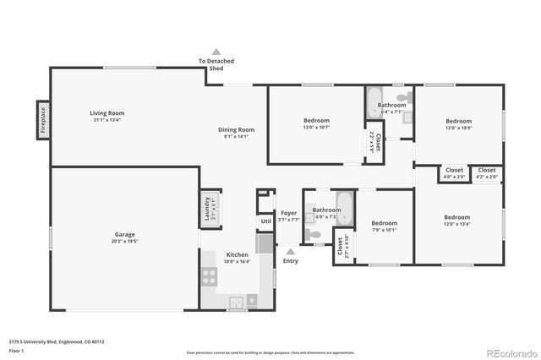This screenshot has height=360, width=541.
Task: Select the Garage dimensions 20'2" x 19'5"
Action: coord(125,241)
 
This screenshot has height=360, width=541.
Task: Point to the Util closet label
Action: coord(265,221)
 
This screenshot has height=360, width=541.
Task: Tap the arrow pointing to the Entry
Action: coord(290,251)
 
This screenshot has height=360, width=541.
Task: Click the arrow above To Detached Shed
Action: coord(216,52)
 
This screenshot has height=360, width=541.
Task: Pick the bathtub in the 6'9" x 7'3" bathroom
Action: coord(343,203)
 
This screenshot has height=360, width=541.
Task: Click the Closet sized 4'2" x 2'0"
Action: coord(487,173)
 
